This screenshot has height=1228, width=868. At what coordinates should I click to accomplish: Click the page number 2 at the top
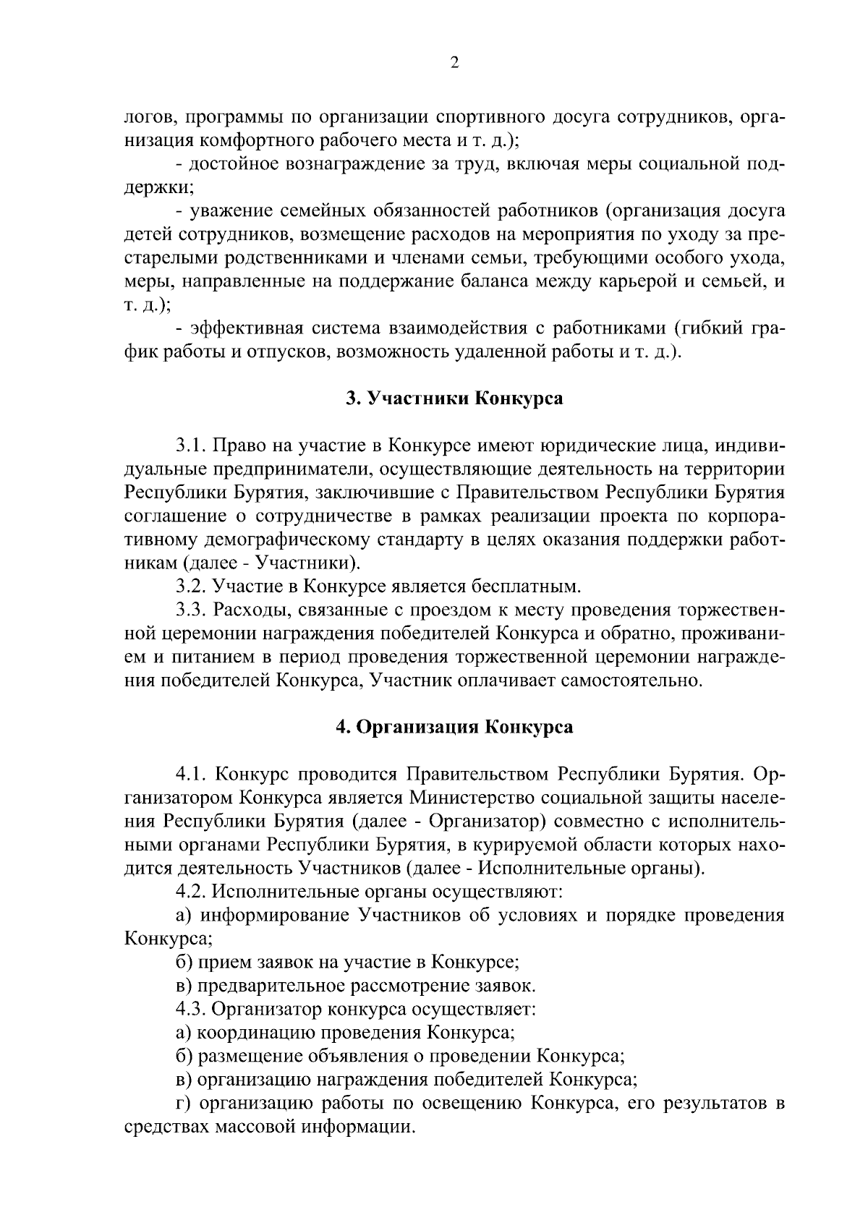point(454,64)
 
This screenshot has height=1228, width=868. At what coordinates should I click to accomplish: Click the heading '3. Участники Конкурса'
point(454,398)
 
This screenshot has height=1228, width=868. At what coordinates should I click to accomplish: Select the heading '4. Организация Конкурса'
point(454,727)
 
